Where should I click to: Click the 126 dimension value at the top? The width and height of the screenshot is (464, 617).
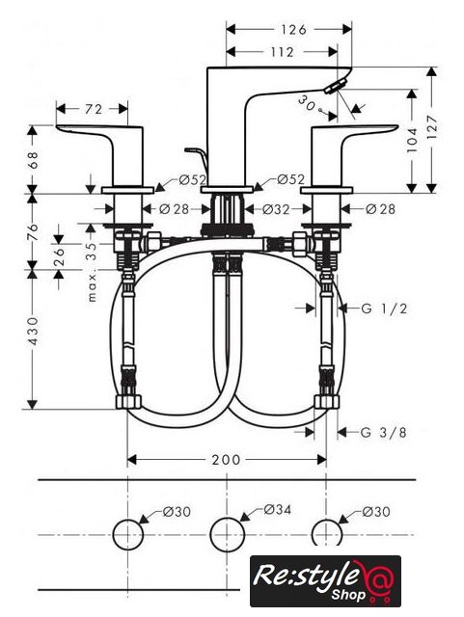point(293,30)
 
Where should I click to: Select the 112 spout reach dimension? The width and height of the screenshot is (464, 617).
point(282,52)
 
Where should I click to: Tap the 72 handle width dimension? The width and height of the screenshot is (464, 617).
point(94,109)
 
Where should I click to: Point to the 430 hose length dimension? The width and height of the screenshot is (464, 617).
point(34,332)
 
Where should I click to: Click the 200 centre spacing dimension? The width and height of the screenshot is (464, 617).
point(226,460)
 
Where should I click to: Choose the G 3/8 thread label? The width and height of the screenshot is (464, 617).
point(384,433)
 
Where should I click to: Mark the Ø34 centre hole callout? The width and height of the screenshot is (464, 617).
point(277,510)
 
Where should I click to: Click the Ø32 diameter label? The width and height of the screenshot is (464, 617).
point(276,209)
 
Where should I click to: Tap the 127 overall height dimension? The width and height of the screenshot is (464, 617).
point(432,126)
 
